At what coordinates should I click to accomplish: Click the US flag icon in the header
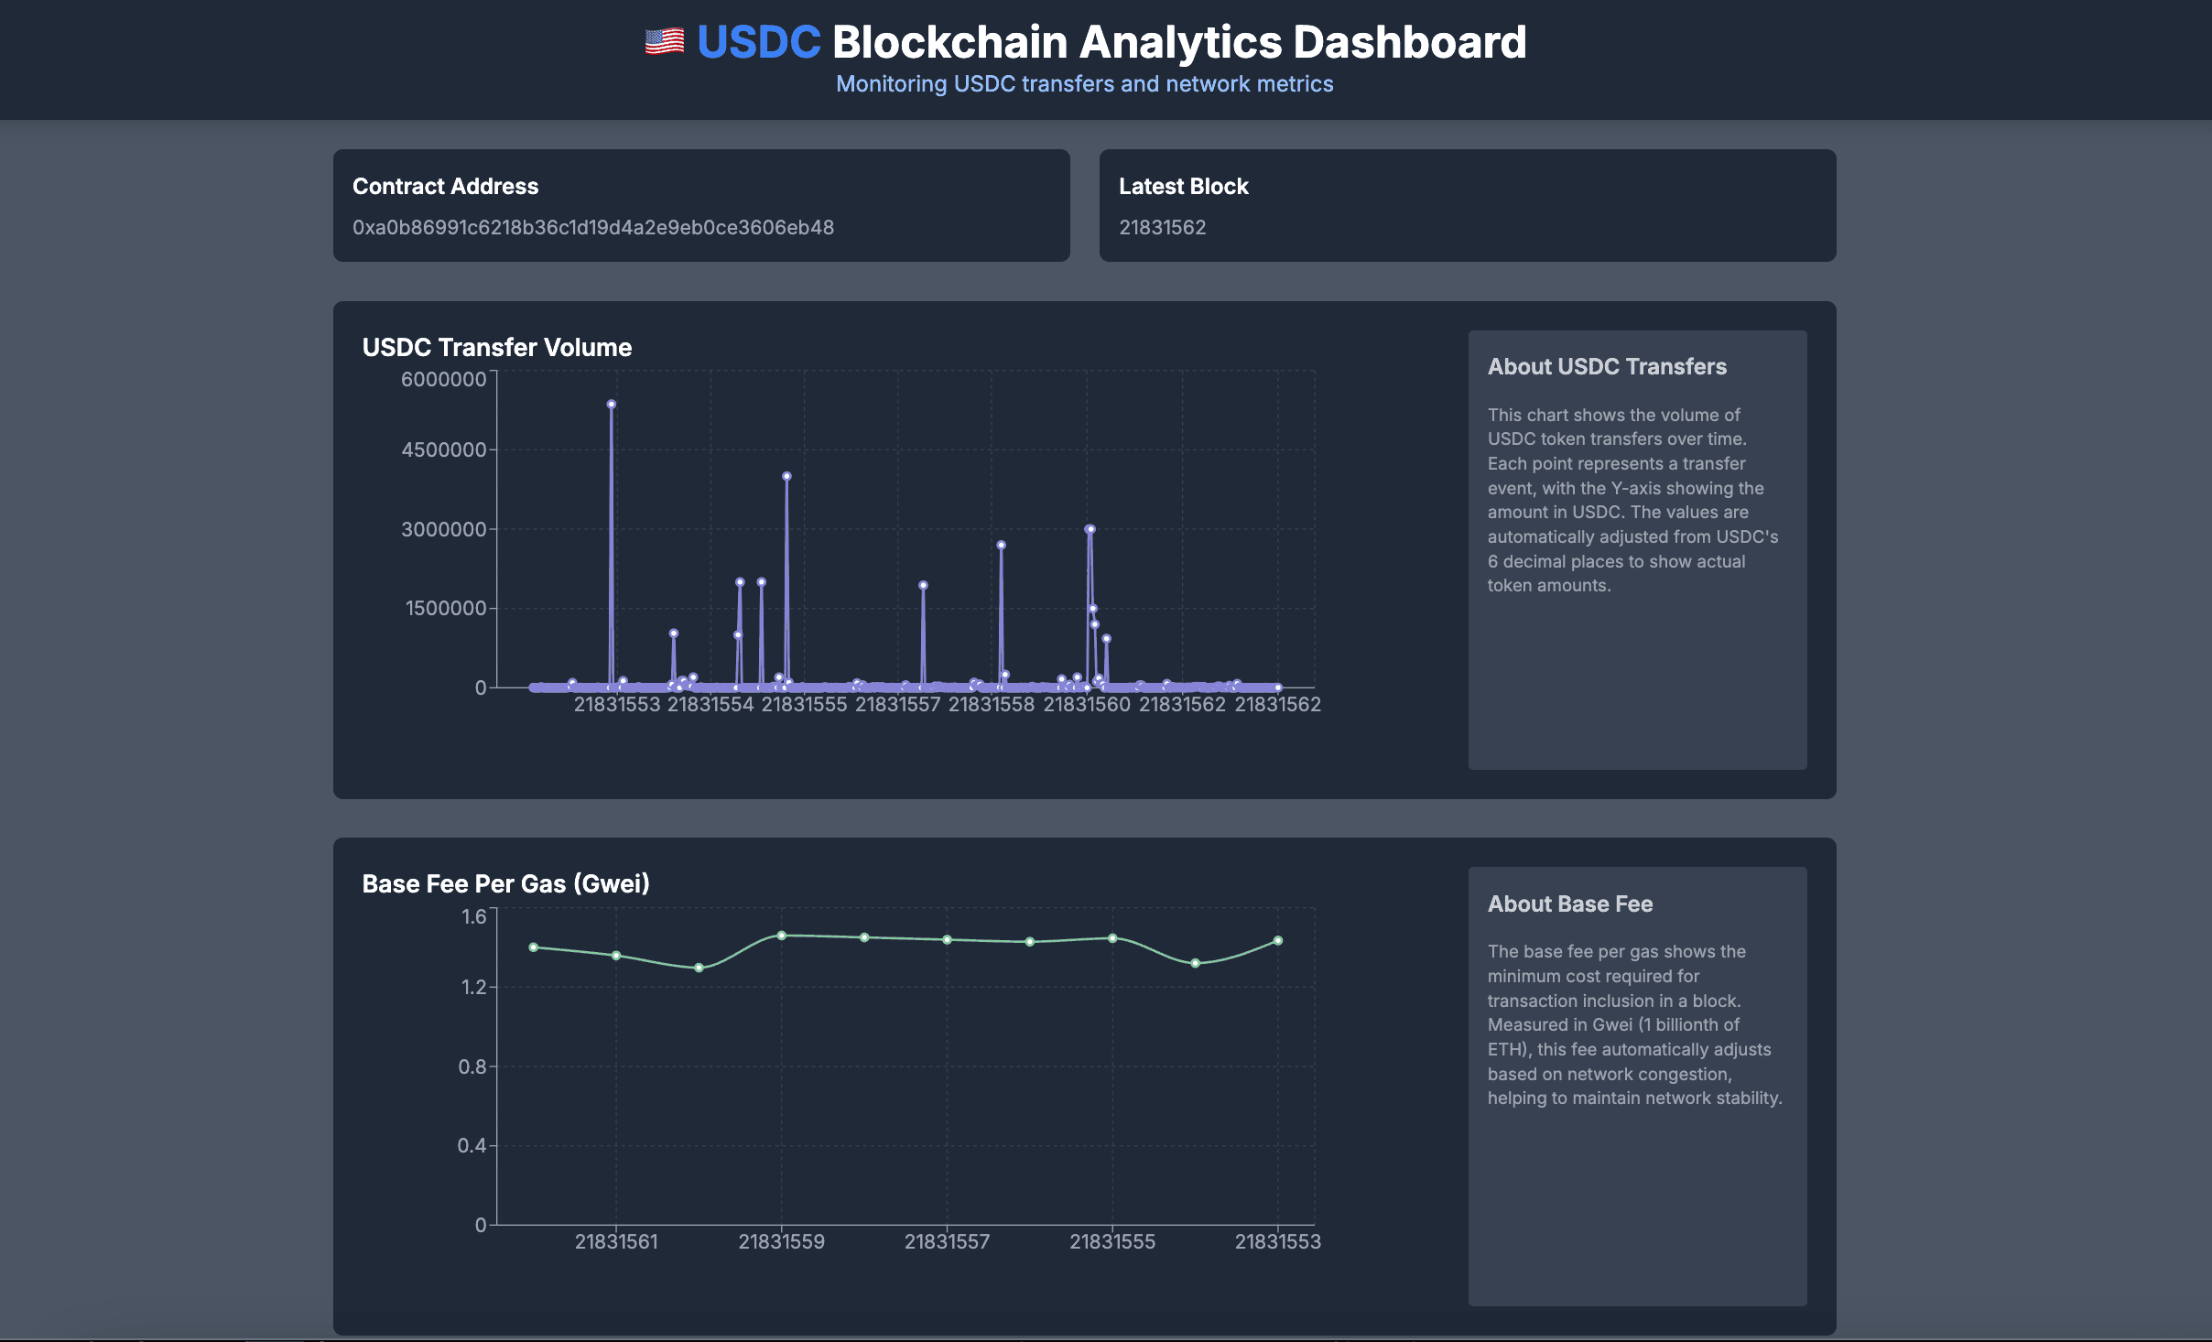coord(664,42)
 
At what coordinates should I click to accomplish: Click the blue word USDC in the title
coord(758,42)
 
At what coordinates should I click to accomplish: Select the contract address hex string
coord(592,227)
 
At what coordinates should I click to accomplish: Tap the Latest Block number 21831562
coord(1162,227)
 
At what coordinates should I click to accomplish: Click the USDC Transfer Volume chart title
coord(496,348)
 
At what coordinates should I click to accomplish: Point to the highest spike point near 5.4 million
coord(611,404)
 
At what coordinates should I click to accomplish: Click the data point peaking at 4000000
coord(786,476)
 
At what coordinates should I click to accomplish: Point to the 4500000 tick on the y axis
coord(443,449)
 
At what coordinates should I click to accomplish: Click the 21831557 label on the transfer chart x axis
coord(897,704)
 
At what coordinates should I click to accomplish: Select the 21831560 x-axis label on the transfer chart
coord(1087,704)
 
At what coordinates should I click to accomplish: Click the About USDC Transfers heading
coord(1606,367)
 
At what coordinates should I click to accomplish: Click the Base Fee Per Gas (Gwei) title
coord(505,884)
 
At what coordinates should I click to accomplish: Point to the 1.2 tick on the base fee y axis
coord(473,987)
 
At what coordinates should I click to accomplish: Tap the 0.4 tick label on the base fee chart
coord(472,1145)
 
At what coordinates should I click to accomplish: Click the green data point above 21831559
coord(781,936)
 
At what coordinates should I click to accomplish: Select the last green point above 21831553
coord(1277,940)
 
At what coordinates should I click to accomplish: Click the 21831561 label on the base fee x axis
coord(615,1241)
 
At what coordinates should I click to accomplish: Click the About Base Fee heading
coord(1569,904)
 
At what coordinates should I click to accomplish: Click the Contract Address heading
coord(445,187)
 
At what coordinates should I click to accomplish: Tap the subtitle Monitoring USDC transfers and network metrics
coord(1084,84)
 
